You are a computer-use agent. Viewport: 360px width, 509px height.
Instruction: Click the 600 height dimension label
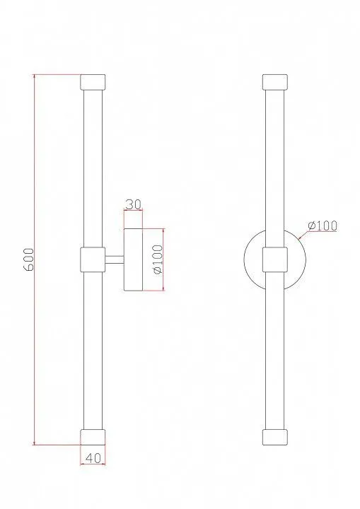click(29, 259)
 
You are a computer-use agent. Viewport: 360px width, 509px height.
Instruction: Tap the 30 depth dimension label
click(133, 204)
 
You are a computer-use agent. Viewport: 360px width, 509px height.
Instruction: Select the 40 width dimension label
click(93, 457)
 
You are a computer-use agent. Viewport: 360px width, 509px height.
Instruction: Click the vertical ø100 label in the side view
click(158, 259)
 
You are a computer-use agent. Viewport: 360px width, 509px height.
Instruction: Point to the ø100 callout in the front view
click(323, 226)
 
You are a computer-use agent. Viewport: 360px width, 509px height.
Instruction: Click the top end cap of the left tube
click(93, 82)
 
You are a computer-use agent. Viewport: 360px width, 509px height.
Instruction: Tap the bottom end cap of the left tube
click(93, 437)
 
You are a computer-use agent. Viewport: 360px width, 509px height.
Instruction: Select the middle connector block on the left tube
click(93, 259)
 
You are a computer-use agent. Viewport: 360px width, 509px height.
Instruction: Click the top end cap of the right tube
click(275, 82)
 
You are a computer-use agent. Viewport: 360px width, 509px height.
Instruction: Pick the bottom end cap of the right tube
click(275, 437)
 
